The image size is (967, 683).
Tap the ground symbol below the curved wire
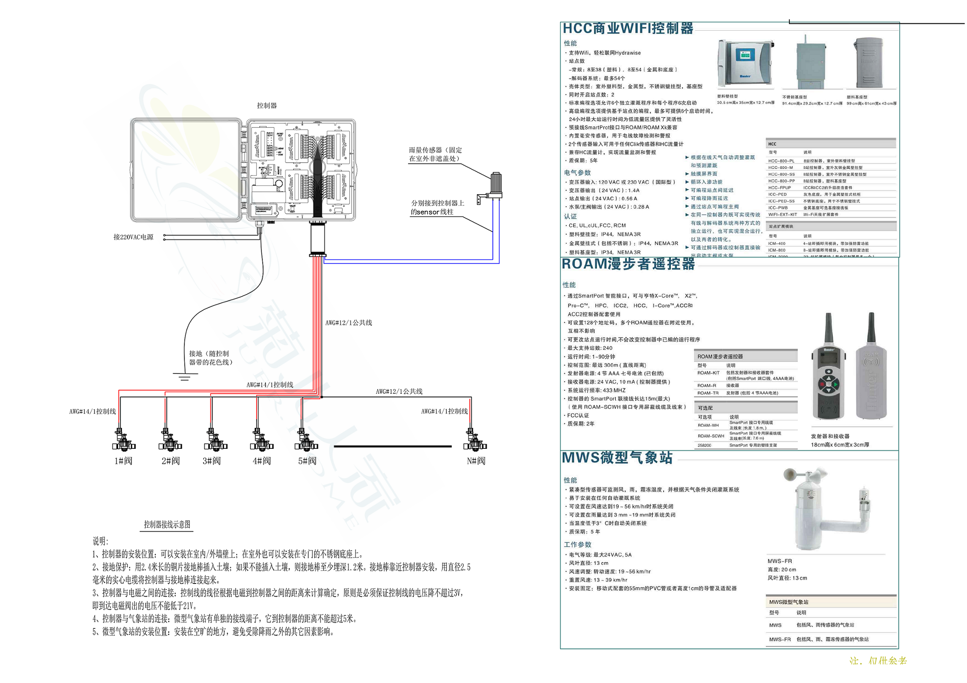click(x=184, y=376)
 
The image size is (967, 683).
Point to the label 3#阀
click(x=212, y=461)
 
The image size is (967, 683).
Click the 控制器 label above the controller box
click(x=267, y=105)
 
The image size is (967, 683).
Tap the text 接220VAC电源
click(x=133, y=237)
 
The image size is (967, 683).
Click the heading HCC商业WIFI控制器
click(x=627, y=28)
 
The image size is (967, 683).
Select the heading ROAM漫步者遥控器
click(x=628, y=264)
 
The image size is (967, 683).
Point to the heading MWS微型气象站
click(x=617, y=458)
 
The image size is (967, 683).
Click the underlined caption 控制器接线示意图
click(x=167, y=524)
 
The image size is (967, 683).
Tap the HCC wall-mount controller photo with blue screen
click(x=745, y=63)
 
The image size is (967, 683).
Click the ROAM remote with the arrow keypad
click(x=828, y=371)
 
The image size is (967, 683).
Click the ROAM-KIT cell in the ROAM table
click(x=708, y=373)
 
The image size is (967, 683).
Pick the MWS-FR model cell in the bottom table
click(x=779, y=639)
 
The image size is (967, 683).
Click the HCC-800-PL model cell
click(x=781, y=161)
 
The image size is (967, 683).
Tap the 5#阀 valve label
click(x=307, y=461)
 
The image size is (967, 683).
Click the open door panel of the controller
click(x=186, y=170)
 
